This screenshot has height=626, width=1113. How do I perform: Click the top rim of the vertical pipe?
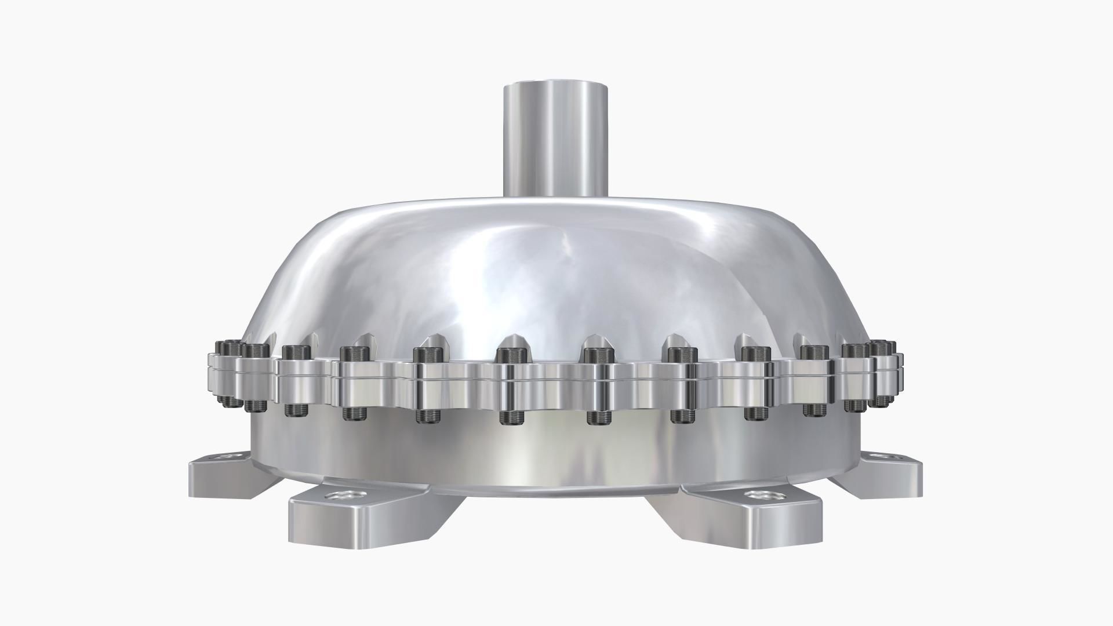pyautogui.click(x=556, y=86)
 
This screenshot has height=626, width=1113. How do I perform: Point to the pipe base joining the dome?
pyautogui.click(x=556, y=196)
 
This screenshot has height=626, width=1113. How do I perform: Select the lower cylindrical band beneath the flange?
pyautogui.click(x=556, y=458)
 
